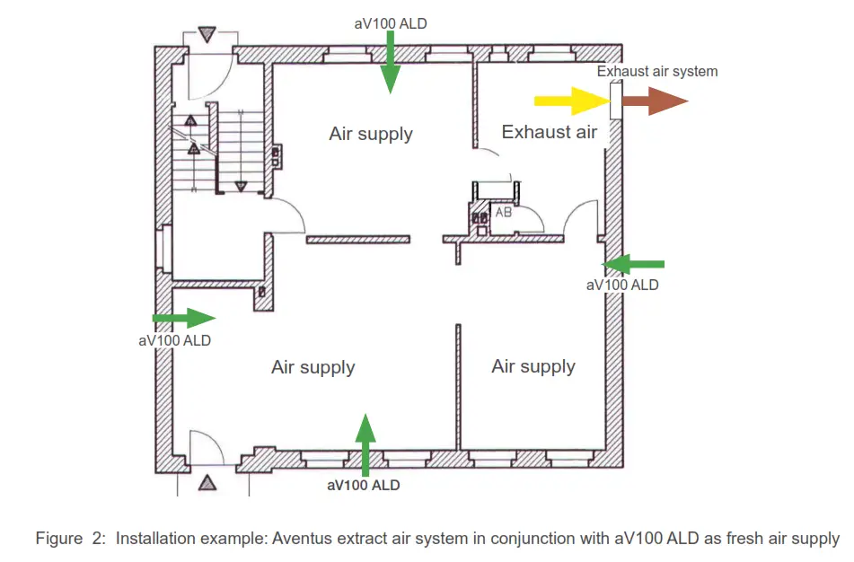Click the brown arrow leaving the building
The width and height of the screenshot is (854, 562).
pos(655,101)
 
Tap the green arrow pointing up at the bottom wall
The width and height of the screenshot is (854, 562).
pos(365,443)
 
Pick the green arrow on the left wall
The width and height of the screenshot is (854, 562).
pos(185,318)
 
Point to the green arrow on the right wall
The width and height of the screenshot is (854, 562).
pos(633,264)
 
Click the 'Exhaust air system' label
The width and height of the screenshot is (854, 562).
pos(657,71)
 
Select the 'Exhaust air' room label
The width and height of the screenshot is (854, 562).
pos(549,132)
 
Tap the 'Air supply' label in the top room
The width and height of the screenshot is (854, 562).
pos(371,134)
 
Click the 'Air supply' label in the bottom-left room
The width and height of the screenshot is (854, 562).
pos(313,367)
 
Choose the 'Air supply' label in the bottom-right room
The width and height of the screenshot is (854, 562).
pos(533,366)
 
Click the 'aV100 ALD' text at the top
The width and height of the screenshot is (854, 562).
pos(391,23)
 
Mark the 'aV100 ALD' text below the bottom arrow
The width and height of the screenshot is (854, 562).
pos(364,486)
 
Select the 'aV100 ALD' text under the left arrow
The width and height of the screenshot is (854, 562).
pos(175,340)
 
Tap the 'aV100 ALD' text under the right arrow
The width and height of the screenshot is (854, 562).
pos(621,285)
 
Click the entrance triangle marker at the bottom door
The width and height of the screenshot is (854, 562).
pos(208,483)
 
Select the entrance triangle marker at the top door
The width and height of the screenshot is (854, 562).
pos(208,35)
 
